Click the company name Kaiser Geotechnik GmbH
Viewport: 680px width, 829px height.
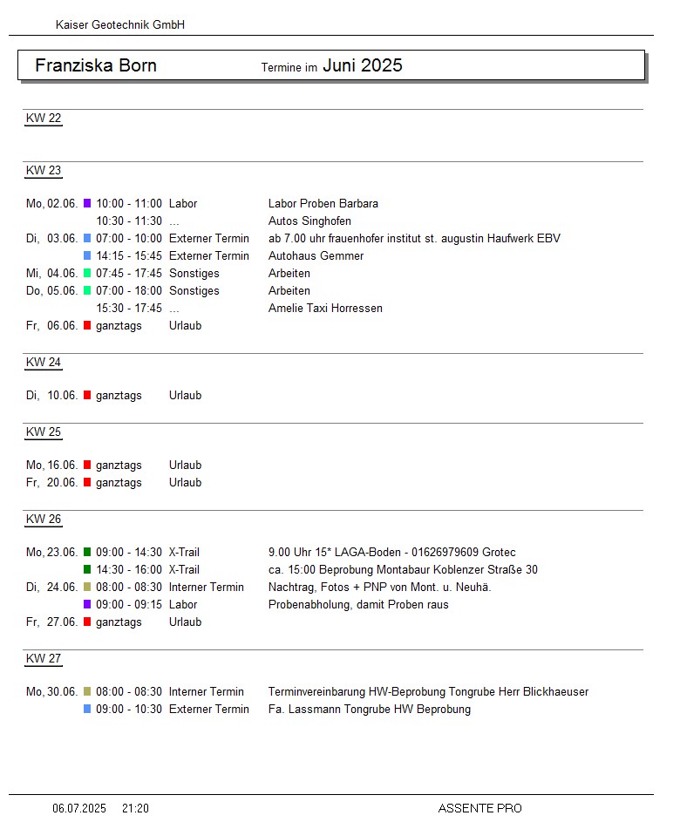click(120, 25)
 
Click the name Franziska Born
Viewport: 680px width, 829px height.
click(96, 65)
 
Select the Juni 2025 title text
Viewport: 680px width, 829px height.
click(363, 65)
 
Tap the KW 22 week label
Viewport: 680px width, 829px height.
click(44, 119)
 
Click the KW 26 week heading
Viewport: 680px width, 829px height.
click(44, 520)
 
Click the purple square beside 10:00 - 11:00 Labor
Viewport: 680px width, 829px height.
click(87, 204)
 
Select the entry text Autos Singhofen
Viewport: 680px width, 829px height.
click(309, 221)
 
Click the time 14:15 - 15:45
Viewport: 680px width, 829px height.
click(129, 256)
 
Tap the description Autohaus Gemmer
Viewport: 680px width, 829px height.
click(316, 256)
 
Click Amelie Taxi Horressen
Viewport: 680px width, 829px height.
click(325, 309)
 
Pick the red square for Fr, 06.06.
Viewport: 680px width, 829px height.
click(87, 326)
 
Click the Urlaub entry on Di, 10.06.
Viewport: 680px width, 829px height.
click(185, 396)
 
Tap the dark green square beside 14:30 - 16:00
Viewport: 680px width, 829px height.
click(87, 570)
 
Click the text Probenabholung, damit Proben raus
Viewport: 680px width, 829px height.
click(358, 605)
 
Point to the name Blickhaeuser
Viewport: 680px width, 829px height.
click(555, 692)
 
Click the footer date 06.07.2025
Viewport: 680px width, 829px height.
click(79, 809)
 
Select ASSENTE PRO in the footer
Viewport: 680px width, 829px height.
click(479, 809)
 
